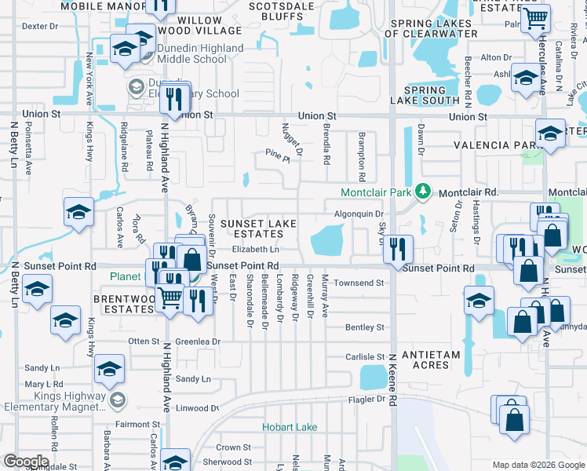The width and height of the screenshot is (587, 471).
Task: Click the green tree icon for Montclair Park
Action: [x=424, y=192]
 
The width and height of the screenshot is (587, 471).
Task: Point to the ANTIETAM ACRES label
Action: [x=431, y=360]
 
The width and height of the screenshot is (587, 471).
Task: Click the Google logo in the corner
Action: [x=25, y=461]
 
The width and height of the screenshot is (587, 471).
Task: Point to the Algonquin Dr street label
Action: [x=359, y=214]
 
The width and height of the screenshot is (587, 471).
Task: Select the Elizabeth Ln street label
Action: [x=255, y=250]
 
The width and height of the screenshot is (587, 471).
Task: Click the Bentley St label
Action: [x=365, y=327]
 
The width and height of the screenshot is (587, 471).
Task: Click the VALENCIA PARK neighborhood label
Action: [x=496, y=145]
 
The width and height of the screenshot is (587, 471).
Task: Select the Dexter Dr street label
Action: [x=40, y=26]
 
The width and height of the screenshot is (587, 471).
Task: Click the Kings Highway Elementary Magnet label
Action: [x=52, y=401]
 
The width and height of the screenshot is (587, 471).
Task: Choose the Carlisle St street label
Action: [x=365, y=356]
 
